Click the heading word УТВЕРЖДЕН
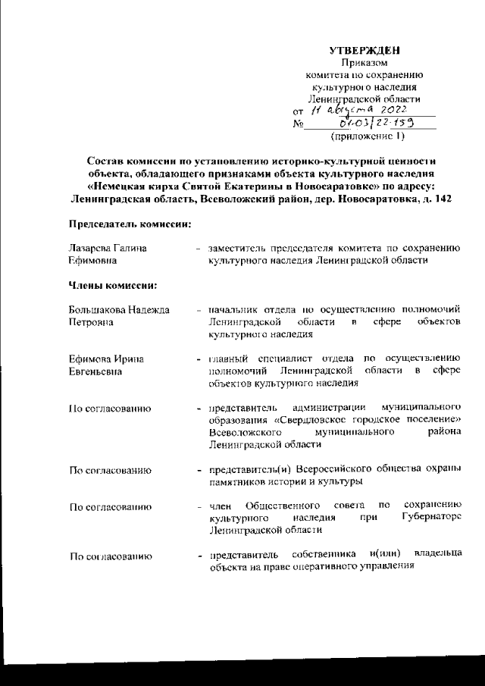pyautogui.click(x=365, y=50)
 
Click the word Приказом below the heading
pyautogui.click(x=365, y=63)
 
